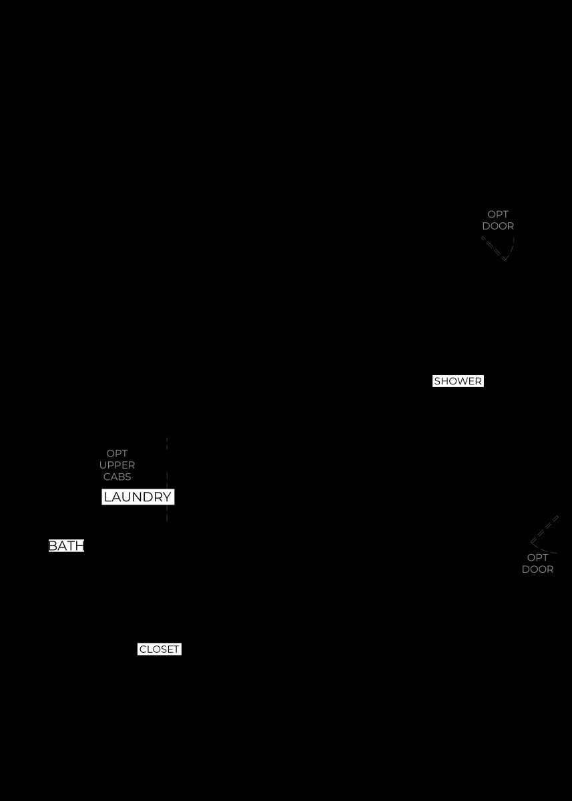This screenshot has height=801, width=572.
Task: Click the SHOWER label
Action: point(458,381)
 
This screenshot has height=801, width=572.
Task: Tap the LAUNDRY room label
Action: point(138,497)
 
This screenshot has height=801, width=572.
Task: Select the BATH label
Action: point(66,546)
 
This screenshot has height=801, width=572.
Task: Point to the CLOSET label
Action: point(160,649)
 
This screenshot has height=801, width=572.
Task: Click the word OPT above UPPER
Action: point(117,453)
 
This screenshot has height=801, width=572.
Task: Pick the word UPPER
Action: point(117,465)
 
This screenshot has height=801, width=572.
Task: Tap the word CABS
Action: point(117,477)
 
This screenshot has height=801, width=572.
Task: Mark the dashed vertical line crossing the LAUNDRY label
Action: point(167,479)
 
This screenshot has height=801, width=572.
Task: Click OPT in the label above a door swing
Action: point(498,214)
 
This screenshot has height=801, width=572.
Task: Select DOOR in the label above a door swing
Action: point(498,226)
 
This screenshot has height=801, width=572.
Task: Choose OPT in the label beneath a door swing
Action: point(537,557)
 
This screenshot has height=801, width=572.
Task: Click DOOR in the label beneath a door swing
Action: point(538,569)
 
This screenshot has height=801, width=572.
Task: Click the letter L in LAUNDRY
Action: point(107,497)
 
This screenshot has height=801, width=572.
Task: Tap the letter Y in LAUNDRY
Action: point(166,497)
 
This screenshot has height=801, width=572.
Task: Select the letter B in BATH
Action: point(53,546)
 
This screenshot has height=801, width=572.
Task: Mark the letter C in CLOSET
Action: point(143,649)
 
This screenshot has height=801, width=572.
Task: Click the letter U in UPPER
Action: point(103,465)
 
